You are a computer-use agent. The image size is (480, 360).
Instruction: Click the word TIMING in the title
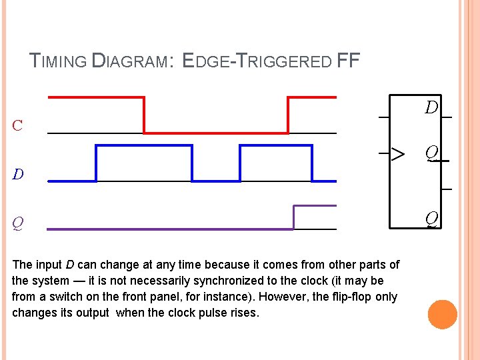[x=59, y=62]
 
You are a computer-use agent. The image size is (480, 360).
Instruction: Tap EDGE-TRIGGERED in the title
[x=257, y=62]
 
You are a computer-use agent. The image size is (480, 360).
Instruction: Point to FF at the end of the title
[x=349, y=62]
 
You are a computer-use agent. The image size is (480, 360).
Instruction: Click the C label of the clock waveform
[x=17, y=125]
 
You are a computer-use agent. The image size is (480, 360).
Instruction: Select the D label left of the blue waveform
[x=18, y=175]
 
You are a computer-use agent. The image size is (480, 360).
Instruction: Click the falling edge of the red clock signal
[x=144, y=115]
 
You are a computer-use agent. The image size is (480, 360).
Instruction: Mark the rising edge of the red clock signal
[x=288, y=115]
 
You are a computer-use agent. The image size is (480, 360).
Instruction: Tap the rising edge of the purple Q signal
[x=293, y=217]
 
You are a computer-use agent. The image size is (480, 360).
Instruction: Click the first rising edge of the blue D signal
[x=97, y=163]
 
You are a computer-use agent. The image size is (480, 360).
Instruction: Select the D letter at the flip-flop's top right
[x=432, y=107]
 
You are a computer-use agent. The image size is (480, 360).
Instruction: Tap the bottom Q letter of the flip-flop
[x=432, y=218]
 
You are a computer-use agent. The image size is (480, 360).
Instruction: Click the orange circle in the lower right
[x=443, y=315]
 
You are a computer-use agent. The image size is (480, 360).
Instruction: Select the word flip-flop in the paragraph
[x=351, y=297]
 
